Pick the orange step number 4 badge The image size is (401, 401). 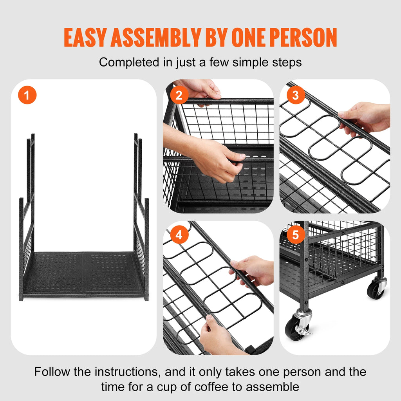179,235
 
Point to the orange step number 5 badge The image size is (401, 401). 296,235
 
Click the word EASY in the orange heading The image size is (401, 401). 86,38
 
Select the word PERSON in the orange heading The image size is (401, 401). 300,38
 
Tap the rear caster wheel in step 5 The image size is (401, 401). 376,289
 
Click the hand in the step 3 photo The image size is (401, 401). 364,117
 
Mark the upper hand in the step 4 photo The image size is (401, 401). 253,270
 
